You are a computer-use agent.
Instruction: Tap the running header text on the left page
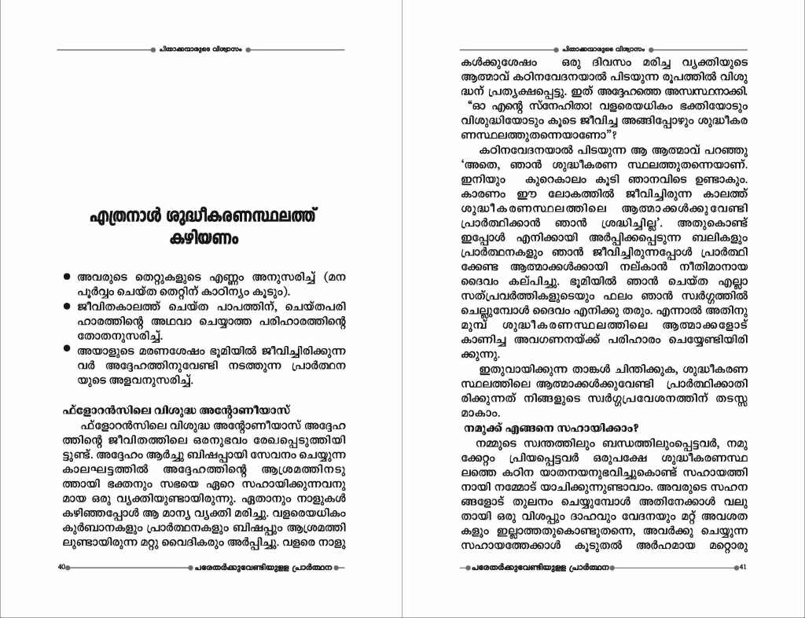coord(200,49)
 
